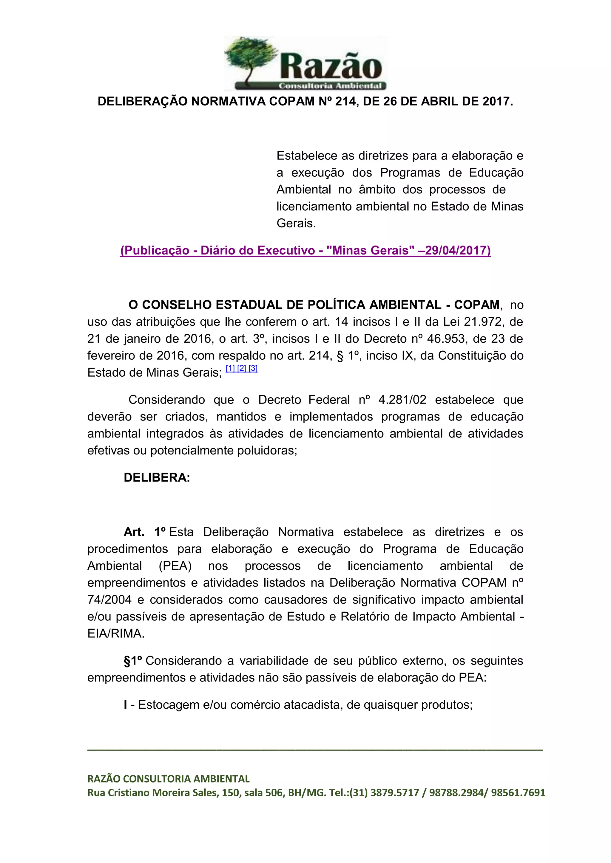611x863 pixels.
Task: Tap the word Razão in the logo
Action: [x=331, y=66]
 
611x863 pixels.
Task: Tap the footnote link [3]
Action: [x=253, y=368]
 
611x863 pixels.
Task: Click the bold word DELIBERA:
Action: [x=157, y=478]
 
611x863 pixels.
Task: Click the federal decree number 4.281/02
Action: [x=402, y=400]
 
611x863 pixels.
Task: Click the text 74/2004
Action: [x=109, y=600]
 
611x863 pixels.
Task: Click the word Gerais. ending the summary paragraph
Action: [x=296, y=223]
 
